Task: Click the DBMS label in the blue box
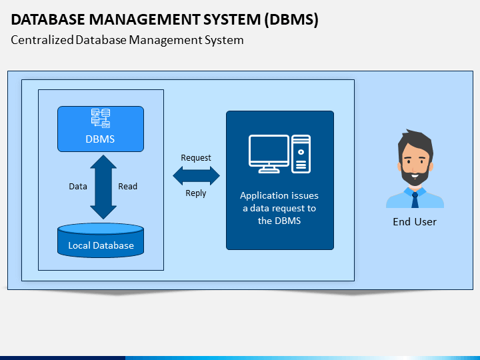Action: coord(100,139)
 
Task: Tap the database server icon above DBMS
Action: coord(101,118)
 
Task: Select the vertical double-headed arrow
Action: coord(103,187)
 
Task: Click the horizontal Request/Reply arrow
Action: coord(196,176)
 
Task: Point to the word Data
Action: coord(78,187)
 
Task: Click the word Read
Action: coord(127,187)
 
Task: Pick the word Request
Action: coord(196,157)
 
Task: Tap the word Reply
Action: coord(196,193)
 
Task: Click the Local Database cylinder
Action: coord(101,240)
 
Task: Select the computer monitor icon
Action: coord(269,154)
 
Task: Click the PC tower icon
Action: coord(301,154)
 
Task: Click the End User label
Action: coord(415,221)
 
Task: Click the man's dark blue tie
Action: coord(415,200)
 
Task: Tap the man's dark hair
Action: coord(416,141)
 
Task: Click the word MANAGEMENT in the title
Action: coord(144,19)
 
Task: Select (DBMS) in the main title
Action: coord(291,19)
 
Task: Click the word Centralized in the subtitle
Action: coord(42,40)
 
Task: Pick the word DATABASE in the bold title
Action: coord(48,19)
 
